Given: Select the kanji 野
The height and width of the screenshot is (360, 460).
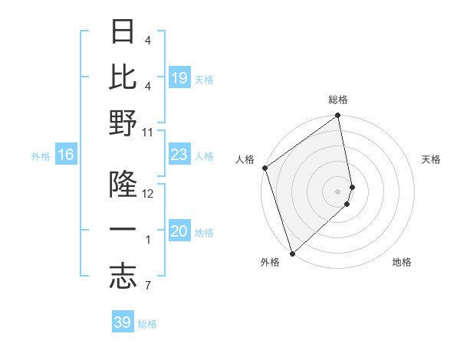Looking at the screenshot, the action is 123,123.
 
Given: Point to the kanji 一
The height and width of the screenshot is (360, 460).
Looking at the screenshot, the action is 123,231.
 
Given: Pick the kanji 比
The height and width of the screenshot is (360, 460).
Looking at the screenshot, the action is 123,77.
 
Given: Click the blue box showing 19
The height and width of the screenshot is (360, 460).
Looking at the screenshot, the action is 179,77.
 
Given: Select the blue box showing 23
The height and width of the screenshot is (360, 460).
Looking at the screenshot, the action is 179,155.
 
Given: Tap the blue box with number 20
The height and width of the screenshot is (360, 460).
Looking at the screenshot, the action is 179,231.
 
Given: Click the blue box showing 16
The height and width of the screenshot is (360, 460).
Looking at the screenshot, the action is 66,155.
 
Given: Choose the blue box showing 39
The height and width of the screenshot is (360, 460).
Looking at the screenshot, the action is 123,322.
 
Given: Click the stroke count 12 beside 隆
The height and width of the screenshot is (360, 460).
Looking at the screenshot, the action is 148,194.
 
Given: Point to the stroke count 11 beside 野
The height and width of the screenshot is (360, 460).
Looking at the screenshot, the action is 148,132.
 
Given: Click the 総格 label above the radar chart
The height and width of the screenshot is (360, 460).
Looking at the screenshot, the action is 338,100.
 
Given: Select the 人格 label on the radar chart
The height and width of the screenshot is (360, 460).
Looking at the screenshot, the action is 245,159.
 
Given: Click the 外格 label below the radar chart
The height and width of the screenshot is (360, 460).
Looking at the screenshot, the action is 270,262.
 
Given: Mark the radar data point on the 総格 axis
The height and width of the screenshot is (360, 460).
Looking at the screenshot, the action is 337,116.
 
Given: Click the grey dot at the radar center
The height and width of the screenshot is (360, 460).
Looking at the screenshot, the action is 338,191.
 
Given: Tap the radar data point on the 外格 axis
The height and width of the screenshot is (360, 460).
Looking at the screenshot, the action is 292,253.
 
